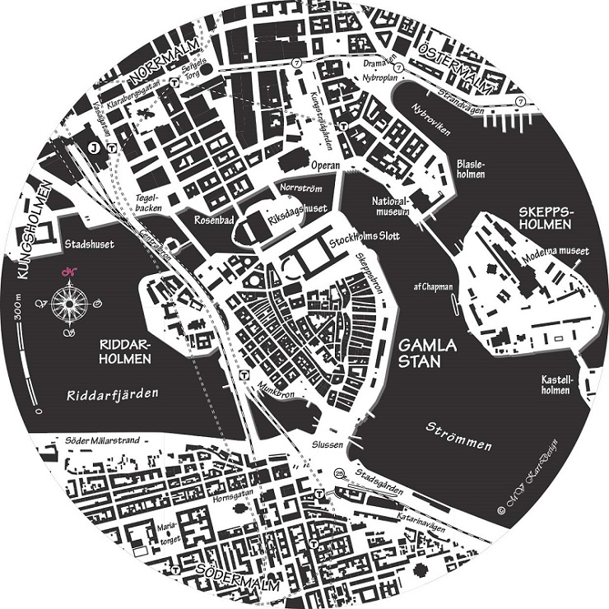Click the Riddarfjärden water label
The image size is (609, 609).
click(111, 395)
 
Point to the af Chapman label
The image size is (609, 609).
click(432, 286)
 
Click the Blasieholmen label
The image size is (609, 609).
click(470, 169)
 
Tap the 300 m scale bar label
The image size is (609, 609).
click(19, 309)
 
